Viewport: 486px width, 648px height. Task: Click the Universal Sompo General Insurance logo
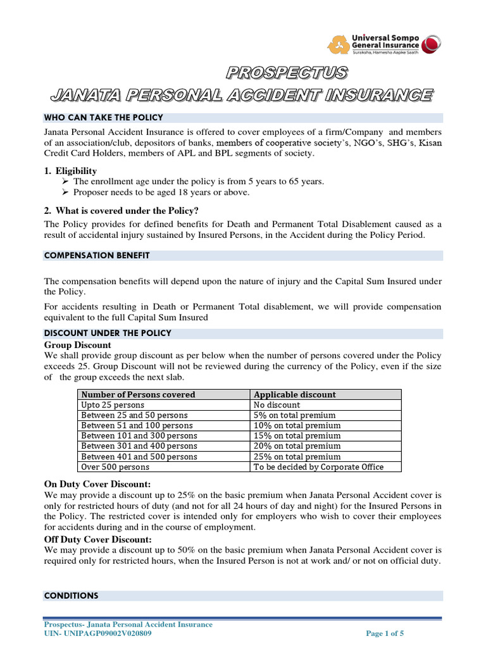pyautogui.click(x=383, y=44)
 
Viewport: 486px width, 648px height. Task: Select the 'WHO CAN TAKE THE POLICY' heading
pyautogui.click(x=103, y=118)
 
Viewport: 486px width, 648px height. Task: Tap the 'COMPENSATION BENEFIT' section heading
pyautogui.click(x=97, y=256)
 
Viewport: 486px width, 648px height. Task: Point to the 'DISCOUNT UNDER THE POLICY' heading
pyautogui.click(x=108, y=333)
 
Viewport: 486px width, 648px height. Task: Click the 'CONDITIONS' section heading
pyautogui.click(x=71, y=595)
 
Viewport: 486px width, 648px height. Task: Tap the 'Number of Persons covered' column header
pyautogui.click(x=138, y=395)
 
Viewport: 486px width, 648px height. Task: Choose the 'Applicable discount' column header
pyautogui.click(x=294, y=395)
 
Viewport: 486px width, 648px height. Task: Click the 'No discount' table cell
pyautogui.click(x=277, y=405)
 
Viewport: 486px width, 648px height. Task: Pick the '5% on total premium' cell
pyautogui.click(x=294, y=415)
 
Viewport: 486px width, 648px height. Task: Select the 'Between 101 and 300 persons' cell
pyautogui.click(x=139, y=436)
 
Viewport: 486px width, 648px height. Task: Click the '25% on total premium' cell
pyautogui.click(x=297, y=456)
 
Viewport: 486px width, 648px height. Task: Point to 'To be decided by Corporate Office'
pyautogui.click(x=318, y=467)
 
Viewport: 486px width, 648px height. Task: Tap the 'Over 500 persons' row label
pyautogui.click(x=115, y=467)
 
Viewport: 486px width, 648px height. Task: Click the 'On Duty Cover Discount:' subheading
pyautogui.click(x=97, y=484)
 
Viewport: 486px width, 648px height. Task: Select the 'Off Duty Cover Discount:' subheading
pyautogui.click(x=98, y=539)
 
